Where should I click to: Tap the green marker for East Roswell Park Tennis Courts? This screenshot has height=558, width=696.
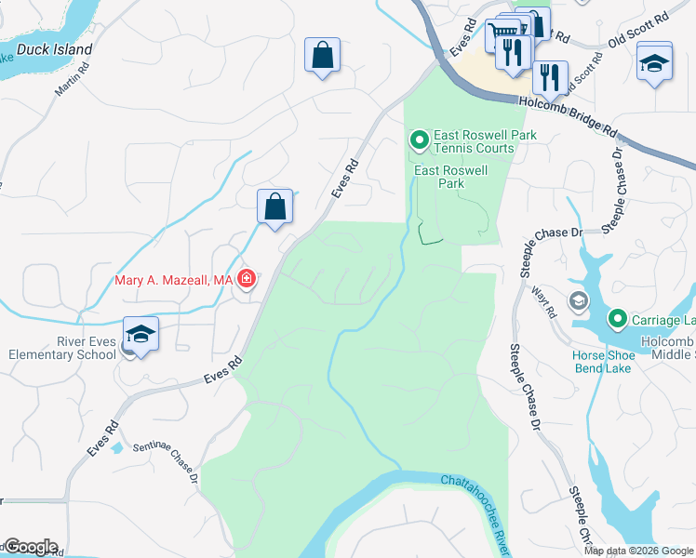coord(419,140)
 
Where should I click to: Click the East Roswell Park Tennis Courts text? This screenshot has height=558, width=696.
coord(474,141)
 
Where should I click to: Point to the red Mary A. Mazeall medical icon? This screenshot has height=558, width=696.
coord(247,279)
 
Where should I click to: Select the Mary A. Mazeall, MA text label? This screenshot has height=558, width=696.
coord(173,280)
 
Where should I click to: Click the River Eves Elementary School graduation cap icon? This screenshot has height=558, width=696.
coord(141,334)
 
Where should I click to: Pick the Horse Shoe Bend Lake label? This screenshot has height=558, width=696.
coord(603,362)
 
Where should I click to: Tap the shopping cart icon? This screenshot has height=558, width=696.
coord(502,33)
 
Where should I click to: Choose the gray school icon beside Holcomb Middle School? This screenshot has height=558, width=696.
coord(579,300)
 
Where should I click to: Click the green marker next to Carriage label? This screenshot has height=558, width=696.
coord(616,320)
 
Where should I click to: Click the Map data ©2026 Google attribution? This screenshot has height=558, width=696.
coord(638,550)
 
